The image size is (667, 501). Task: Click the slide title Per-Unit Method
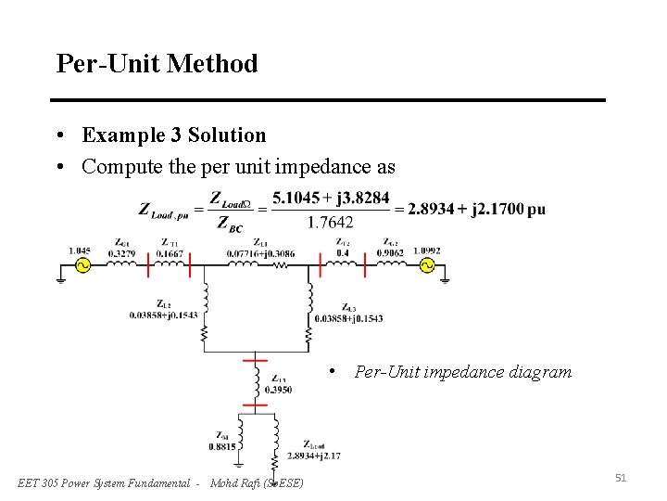157,64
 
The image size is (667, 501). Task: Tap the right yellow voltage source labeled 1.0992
427,264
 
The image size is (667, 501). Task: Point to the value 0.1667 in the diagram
170,251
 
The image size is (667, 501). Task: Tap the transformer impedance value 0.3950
279,390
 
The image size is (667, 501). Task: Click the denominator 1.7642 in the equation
329,222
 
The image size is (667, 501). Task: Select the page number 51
621,478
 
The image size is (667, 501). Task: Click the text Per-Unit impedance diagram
463,372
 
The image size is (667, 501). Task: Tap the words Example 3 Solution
173,135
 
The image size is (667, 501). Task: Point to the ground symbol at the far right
446,276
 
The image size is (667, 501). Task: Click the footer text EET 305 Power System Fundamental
108,482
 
